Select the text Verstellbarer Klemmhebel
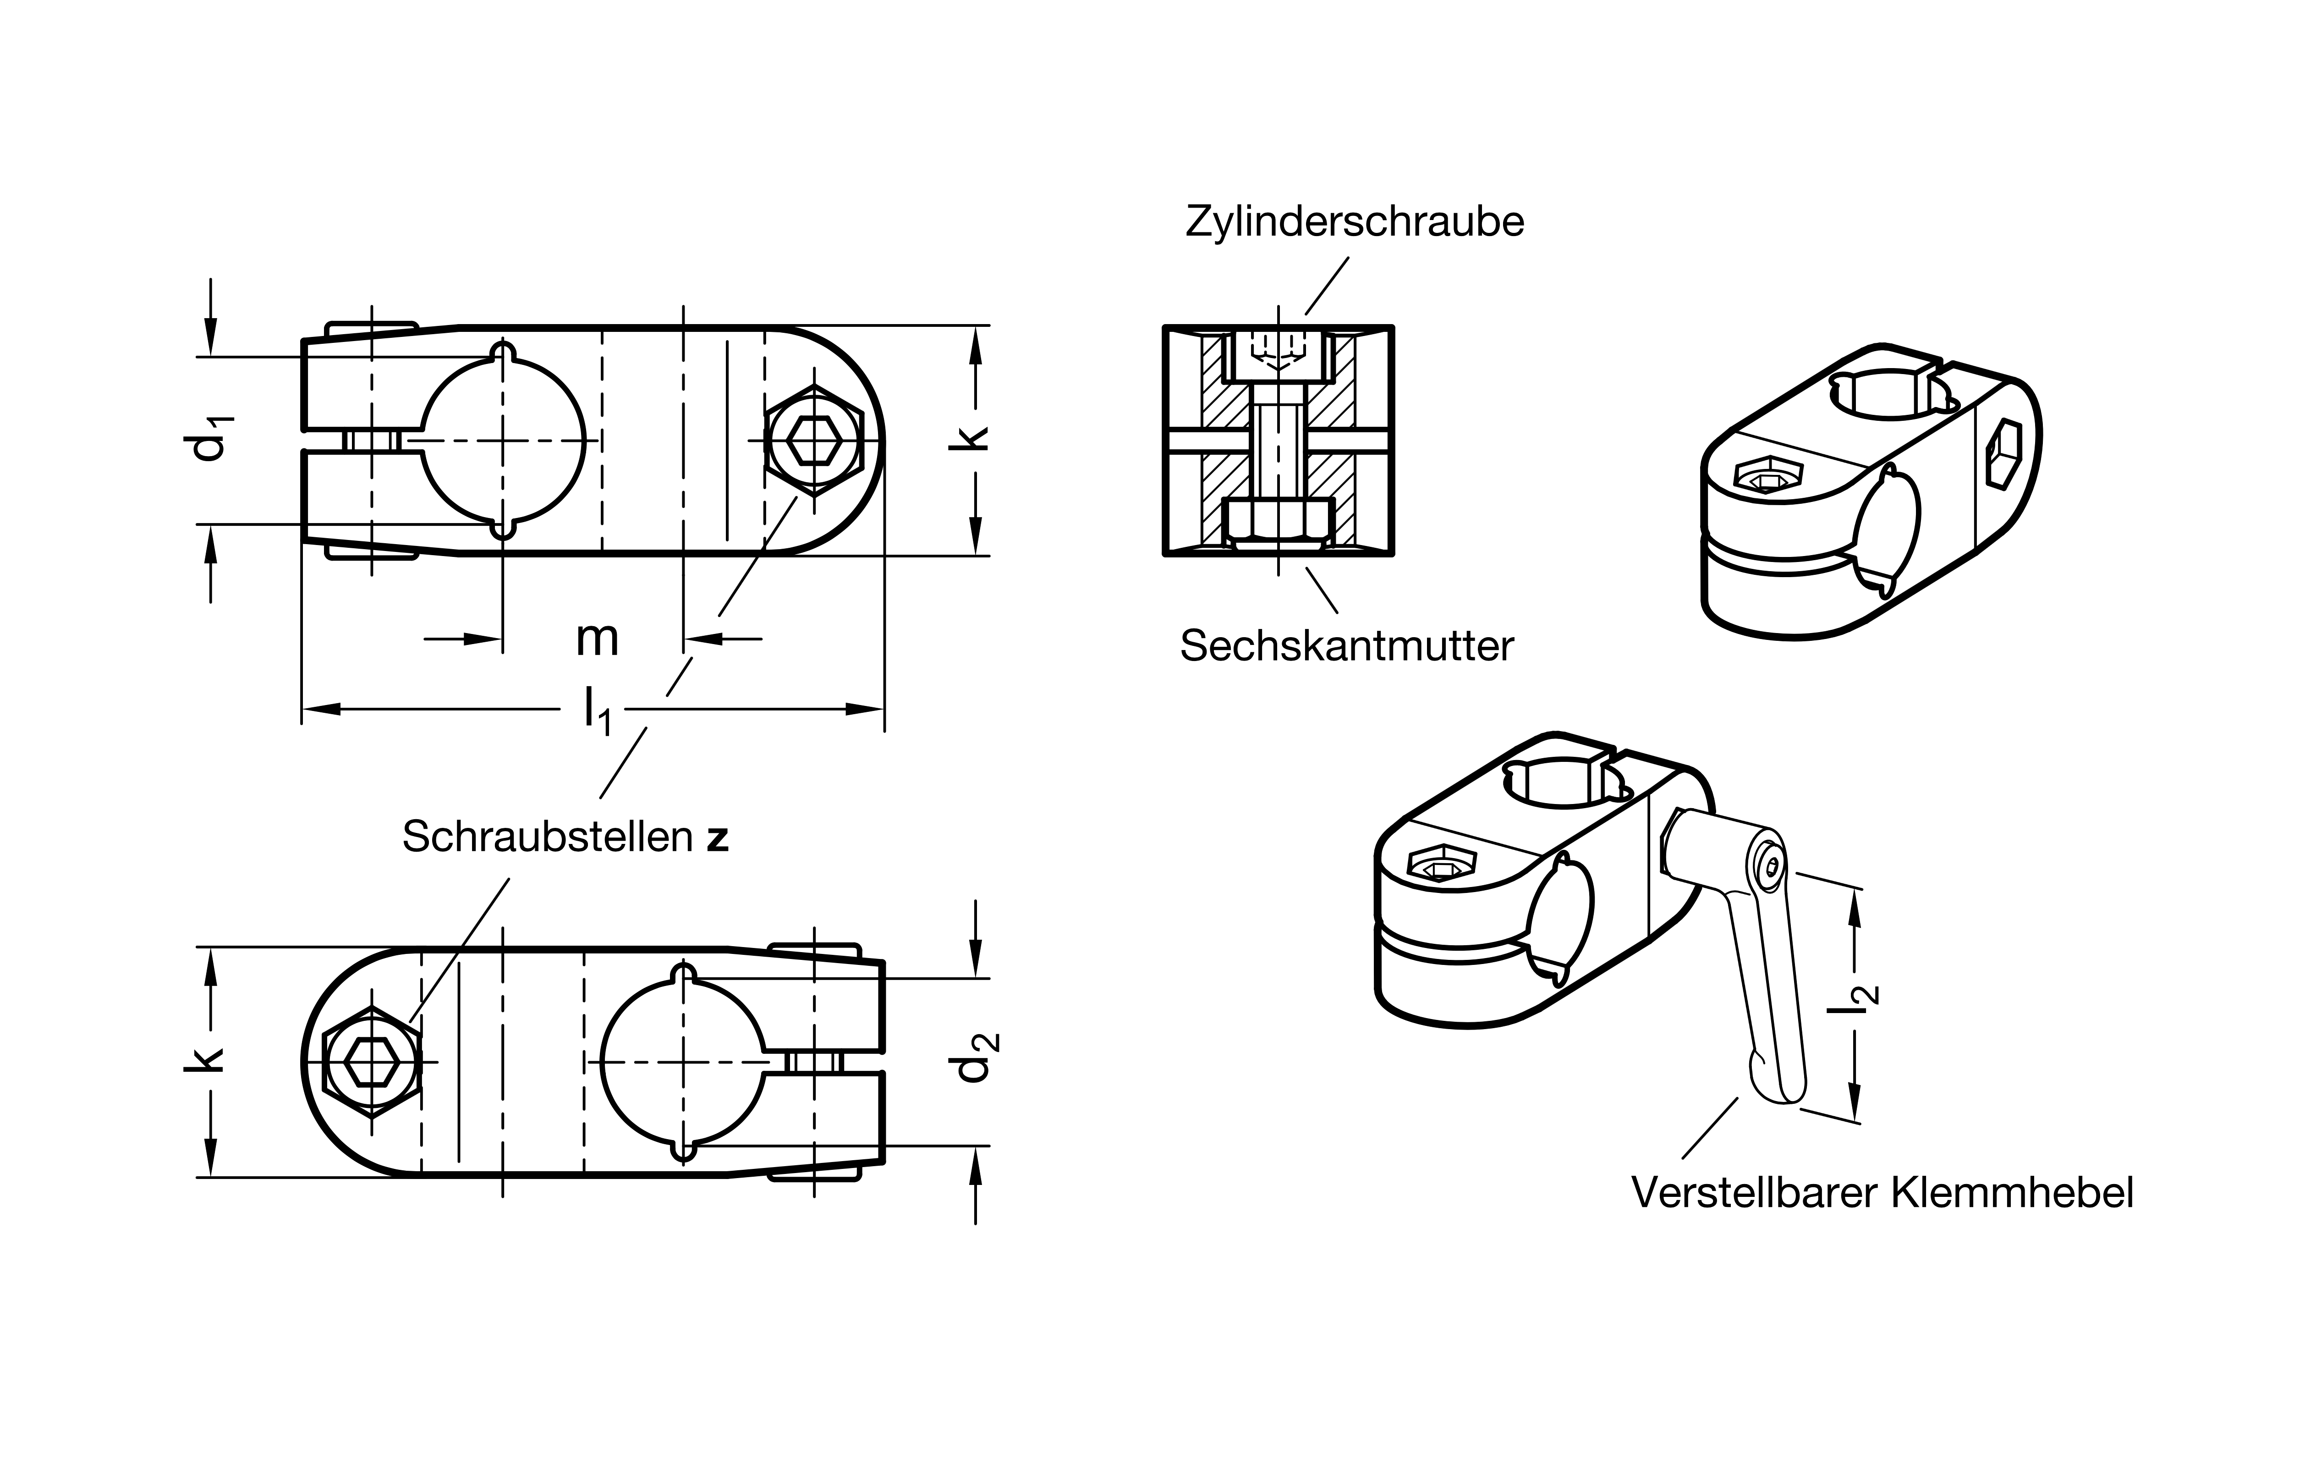1882,1193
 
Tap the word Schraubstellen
548,837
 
